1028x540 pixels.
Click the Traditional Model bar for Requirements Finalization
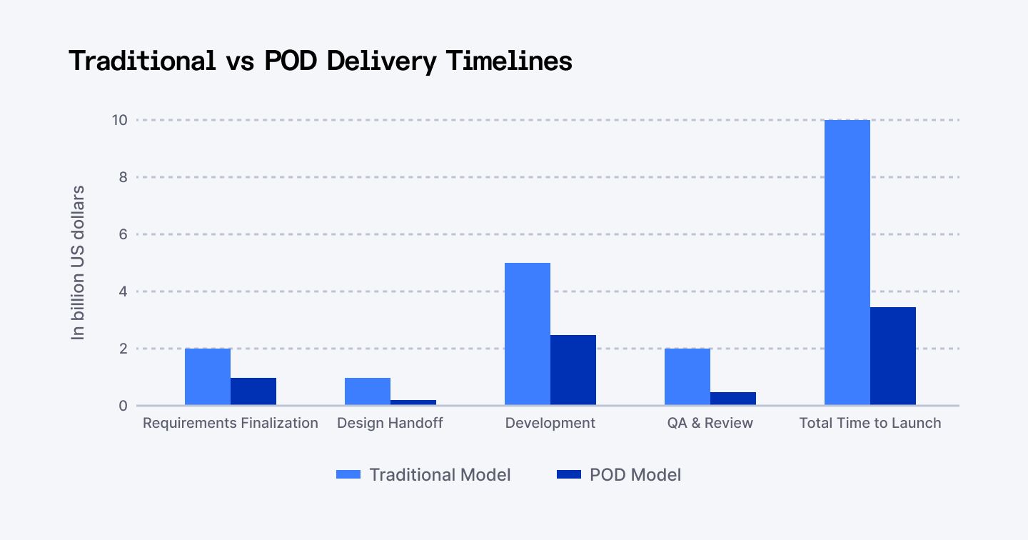tap(208, 377)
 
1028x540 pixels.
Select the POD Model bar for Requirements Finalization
tap(253, 391)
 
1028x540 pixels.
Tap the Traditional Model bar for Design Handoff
tap(368, 391)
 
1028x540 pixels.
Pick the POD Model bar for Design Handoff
tap(413, 402)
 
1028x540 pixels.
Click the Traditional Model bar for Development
tap(528, 334)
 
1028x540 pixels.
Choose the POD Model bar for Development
tap(573, 370)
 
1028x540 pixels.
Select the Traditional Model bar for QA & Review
tap(687, 377)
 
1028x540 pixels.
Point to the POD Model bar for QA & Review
tap(733, 399)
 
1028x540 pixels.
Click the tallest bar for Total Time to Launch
tap(847, 263)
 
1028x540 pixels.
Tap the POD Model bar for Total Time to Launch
tap(893, 356)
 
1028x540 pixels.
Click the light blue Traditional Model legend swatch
tap(350, 475)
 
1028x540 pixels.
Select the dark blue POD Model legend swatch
tap(569, 475)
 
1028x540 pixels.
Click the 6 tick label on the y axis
tap(123, 234)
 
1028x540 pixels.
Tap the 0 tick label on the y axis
tap(123, 406)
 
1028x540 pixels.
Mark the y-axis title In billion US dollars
tap(78, 263)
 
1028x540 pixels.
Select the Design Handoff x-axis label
tap(390, 423)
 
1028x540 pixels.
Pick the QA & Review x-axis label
tap(710, 423)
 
